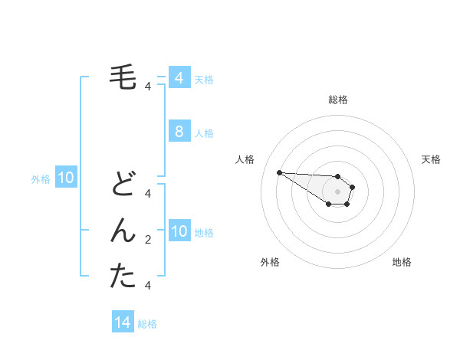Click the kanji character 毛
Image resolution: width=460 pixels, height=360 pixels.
(123, 77)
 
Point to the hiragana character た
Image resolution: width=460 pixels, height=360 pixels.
(123, 276)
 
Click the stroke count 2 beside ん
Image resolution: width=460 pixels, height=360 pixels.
(148, 240)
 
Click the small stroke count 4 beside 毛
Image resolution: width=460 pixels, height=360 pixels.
(148, 87)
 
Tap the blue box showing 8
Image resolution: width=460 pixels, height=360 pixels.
(179, 132)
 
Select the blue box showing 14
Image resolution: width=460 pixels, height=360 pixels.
(123, 322)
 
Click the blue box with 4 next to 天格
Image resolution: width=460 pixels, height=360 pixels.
(179, 78)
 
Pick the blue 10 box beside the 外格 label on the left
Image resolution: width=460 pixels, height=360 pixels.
(66, 178)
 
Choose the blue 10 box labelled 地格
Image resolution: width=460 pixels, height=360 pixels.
(179, 231)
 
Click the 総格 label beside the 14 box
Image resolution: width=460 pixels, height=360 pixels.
(147, 324)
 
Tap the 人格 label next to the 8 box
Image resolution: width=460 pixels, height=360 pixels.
(204, 133)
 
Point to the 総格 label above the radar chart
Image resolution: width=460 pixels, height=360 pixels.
(337, 100)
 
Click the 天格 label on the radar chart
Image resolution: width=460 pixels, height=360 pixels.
(431, 159)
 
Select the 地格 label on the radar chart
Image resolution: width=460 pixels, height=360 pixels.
(402, 262)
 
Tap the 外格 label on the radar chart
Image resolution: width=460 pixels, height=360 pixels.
(270, 262)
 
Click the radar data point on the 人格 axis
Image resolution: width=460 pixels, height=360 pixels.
(279, 172)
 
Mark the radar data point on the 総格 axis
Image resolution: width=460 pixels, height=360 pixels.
(337, 176)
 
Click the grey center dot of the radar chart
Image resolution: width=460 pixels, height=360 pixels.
(337, 191)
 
